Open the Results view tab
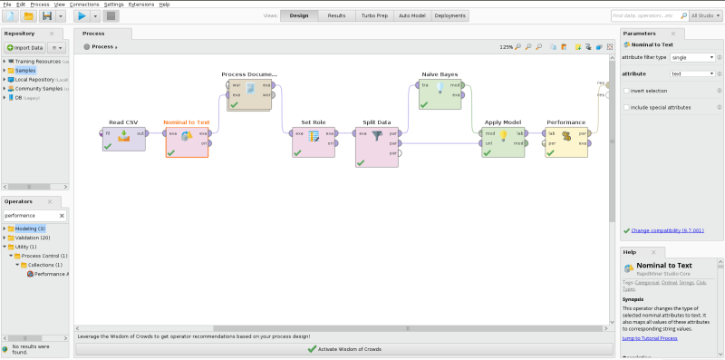pyautogui.click(x=336, y=15)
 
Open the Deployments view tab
pyautogui.click(x=450, y=15)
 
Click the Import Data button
pyautogui.click(x=25, y=47)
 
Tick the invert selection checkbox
pyautogui.click(x=627, y=91)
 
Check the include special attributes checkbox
pyautogui.click(x=627, y=107)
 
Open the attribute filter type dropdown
pyautogui.click(x=692, y=57)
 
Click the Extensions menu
pyautogui.click(x=141, y=5)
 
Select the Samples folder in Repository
pyautogui.click(x=25, y=70)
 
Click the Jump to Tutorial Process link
pyautogui.click(x=650, y=338)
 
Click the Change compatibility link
pyautogui.click(x=666, y=230)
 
